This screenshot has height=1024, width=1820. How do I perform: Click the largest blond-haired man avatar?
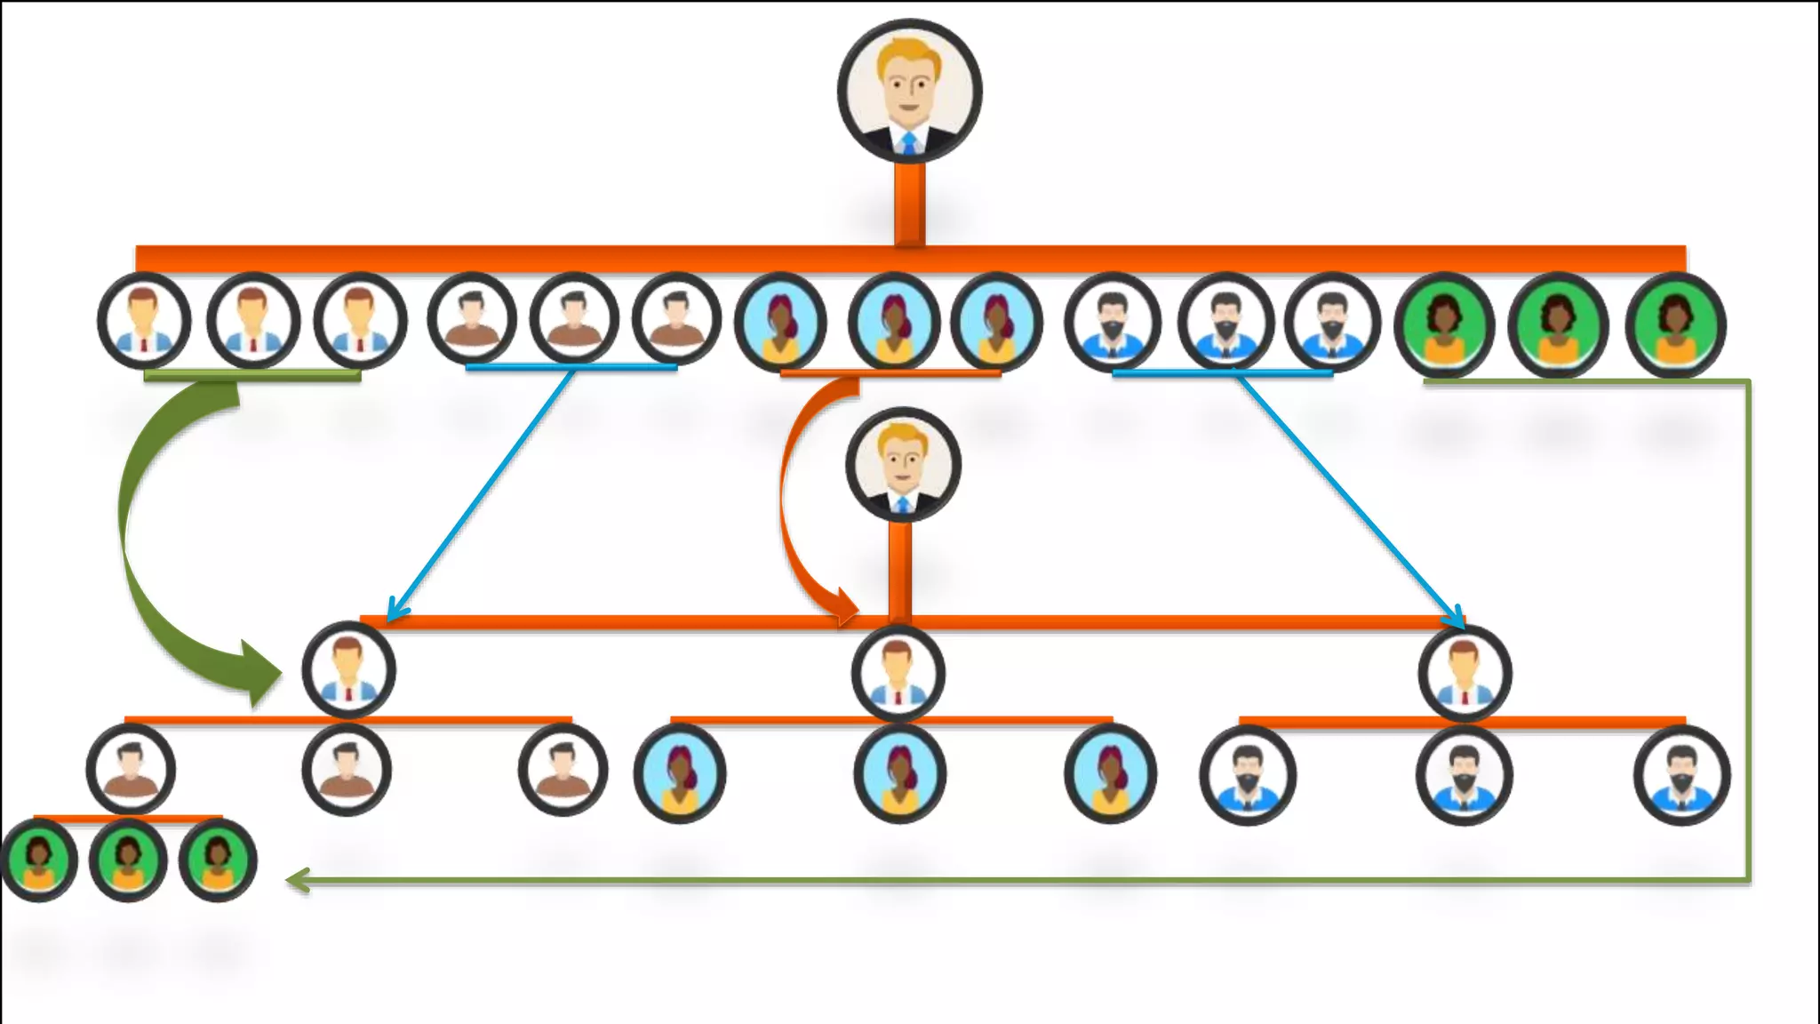click(909, 91)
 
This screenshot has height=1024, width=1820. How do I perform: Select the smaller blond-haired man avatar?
click(903, 464)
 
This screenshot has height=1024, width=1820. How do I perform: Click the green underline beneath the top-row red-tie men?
click(252, 376)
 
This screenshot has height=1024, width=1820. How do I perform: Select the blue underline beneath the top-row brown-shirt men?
click(571, 366)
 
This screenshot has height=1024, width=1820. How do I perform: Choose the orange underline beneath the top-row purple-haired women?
click(890, 373)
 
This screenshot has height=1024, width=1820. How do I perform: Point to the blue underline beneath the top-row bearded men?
click(1222, 373)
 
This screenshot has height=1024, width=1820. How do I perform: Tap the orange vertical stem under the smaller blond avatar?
click(900, 569)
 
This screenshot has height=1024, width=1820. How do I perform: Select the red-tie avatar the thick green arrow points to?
click(348, 671)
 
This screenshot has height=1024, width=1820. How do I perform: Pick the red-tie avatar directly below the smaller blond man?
click(898, 673)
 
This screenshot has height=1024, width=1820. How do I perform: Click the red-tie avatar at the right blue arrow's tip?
click(1465, 673)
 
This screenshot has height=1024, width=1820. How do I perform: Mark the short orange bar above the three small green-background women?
click(128, 817)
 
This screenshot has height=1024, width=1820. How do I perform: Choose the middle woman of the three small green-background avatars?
click(128, 860)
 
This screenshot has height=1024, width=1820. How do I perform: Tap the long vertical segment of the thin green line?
click(1748, 631)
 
